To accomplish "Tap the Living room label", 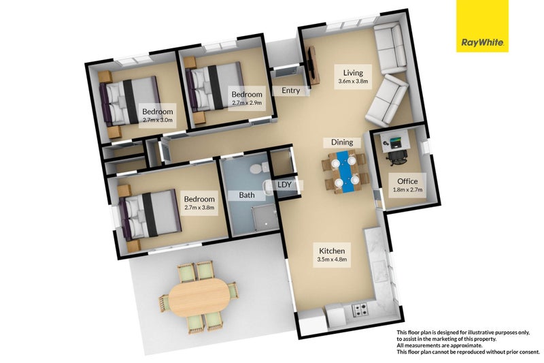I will click(353, 73).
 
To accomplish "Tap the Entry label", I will click(290, 91).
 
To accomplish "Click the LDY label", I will click(284, 185).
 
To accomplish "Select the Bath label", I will click(247, 195).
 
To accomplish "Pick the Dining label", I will click(342, 142).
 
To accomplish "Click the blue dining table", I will click(345, 172).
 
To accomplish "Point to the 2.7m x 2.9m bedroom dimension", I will click(246, 103).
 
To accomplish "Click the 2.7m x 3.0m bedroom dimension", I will click(157, 121).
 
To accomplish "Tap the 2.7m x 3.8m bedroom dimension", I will click(199, 209).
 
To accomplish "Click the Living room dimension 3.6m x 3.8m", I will click(353, 82).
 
